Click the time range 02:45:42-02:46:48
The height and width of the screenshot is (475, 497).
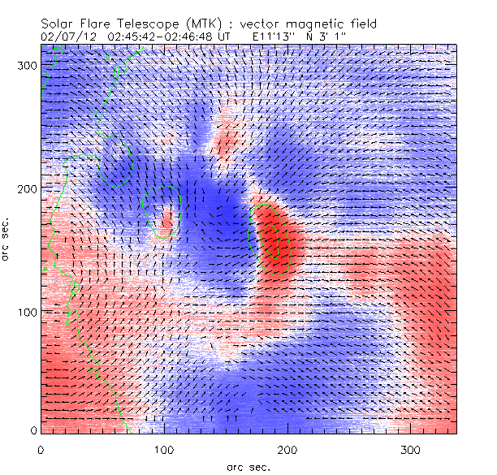click(150, 37)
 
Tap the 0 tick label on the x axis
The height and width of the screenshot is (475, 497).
click(41, 448)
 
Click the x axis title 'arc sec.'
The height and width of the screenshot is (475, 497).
click(248, 466)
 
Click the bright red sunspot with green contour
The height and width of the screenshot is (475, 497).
click(276, 240)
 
